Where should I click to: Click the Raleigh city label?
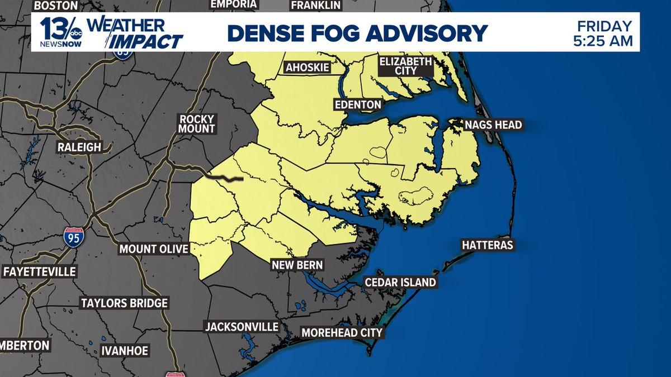click(x=79, y=147)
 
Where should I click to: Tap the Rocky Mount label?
click(x=197, y=123)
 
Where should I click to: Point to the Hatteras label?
click(x=487, y=245)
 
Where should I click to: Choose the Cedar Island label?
click(x=400, y=283)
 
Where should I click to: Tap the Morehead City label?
click(x=342, y=333)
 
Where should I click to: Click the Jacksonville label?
click(x=242, y=326)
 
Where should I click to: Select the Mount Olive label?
click(x=154, y=249)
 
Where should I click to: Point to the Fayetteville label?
click(x=39, y=272)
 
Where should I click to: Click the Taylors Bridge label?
click(x=124, y=303)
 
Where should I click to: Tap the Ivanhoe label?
click(x=125, y=351)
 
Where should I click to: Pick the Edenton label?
click(x=357, y=104)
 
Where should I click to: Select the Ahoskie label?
click(x=307, y=68)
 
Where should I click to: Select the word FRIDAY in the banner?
click(x=604, y=26)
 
